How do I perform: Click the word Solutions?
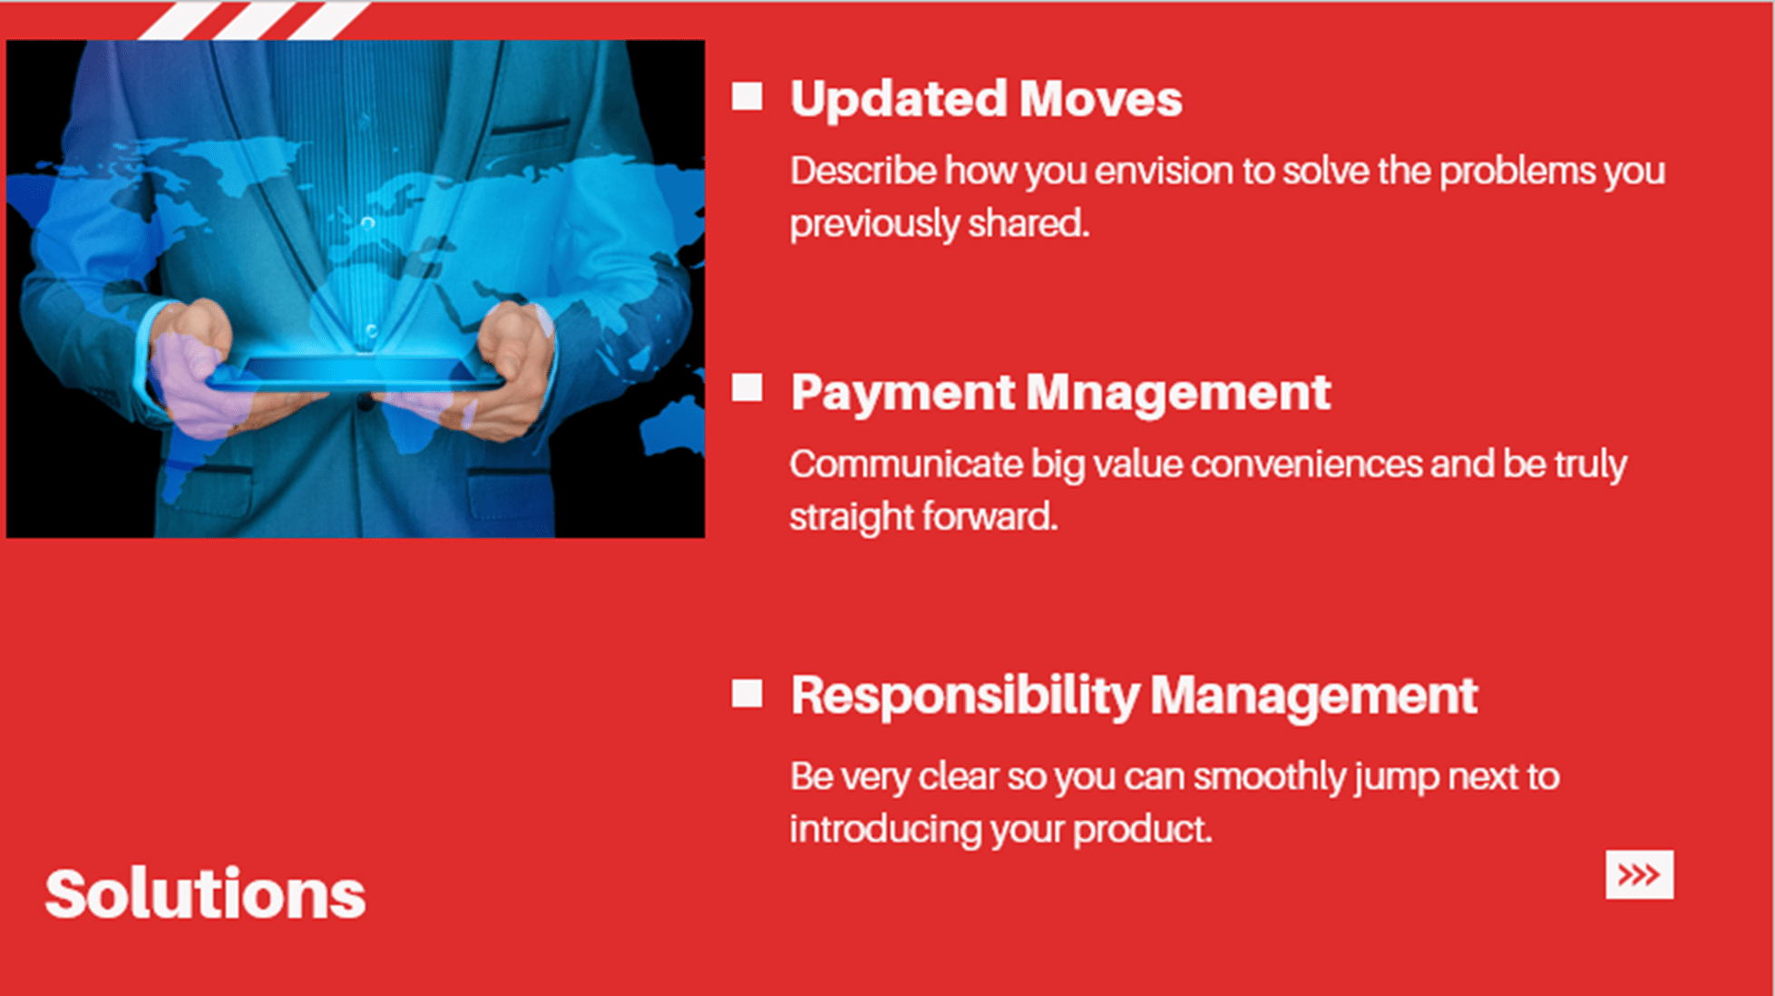[x=205, y=894]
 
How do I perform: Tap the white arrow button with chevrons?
[x=1639, y=874]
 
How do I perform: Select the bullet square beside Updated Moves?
[x=746, y=96]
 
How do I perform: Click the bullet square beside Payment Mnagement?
[x=746, y=387]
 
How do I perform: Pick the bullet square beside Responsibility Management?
[x=746, y=693]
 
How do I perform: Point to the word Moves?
[x=1100, y=98]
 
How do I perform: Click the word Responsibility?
[x=965, y=697]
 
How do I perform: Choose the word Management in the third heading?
[x=1314, y=697]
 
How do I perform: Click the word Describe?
[x=863, y=171]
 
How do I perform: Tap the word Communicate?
[x=906, y=464]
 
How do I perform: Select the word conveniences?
[x=1306, y=464]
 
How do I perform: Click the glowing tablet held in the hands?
[x=354, y=372]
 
